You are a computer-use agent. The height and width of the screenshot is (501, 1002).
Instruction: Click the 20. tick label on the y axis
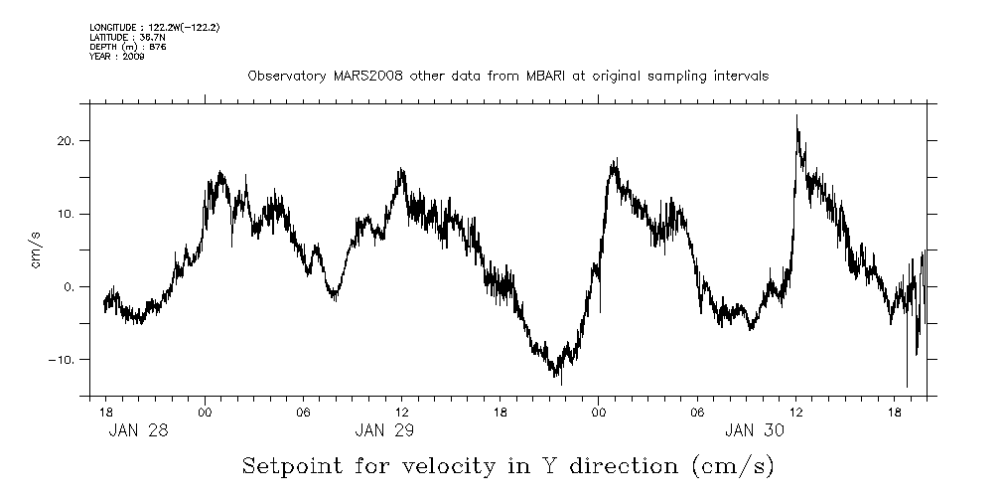67,141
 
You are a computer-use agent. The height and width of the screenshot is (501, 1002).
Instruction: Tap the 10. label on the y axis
67,214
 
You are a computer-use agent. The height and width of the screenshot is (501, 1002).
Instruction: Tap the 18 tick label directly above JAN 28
105,410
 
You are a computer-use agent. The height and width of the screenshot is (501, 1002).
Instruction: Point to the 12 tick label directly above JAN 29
401,410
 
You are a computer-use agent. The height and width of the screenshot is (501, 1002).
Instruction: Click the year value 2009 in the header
134,57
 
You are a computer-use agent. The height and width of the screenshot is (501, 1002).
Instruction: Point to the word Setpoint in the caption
290,465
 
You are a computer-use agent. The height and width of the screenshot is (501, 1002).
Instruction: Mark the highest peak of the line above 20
796,115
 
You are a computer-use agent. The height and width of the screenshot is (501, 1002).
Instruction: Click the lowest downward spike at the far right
907,387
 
